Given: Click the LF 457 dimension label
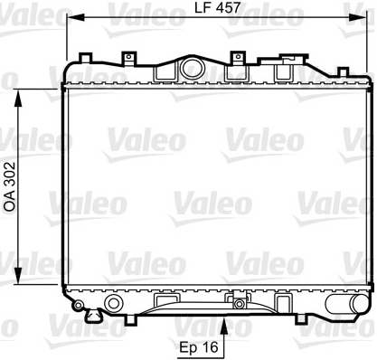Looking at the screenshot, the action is click(217, 7).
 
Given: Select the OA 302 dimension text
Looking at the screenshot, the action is click(10, 186).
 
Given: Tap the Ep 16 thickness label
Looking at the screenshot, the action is click(199, 347).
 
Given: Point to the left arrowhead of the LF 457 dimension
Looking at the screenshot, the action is click(75, 17).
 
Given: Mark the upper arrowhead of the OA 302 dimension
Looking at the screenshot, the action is click(18, 98).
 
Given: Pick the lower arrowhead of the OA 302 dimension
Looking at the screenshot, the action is click(18, 275).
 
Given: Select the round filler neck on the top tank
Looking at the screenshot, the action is click(193, 68).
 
